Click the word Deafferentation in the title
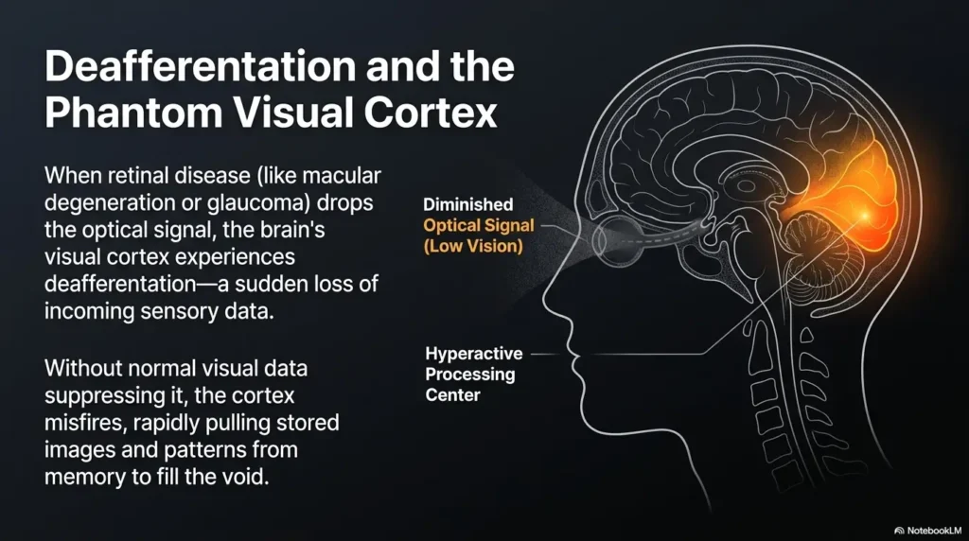point(201,66)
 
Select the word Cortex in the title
point(431,113)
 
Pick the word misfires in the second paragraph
point(83,423)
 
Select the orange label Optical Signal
point(478,226)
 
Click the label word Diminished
point(467,204)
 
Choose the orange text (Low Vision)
point(473,247)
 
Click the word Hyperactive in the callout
point(474,354)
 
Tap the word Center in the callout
point(452,395)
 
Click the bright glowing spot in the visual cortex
point(864,215)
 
